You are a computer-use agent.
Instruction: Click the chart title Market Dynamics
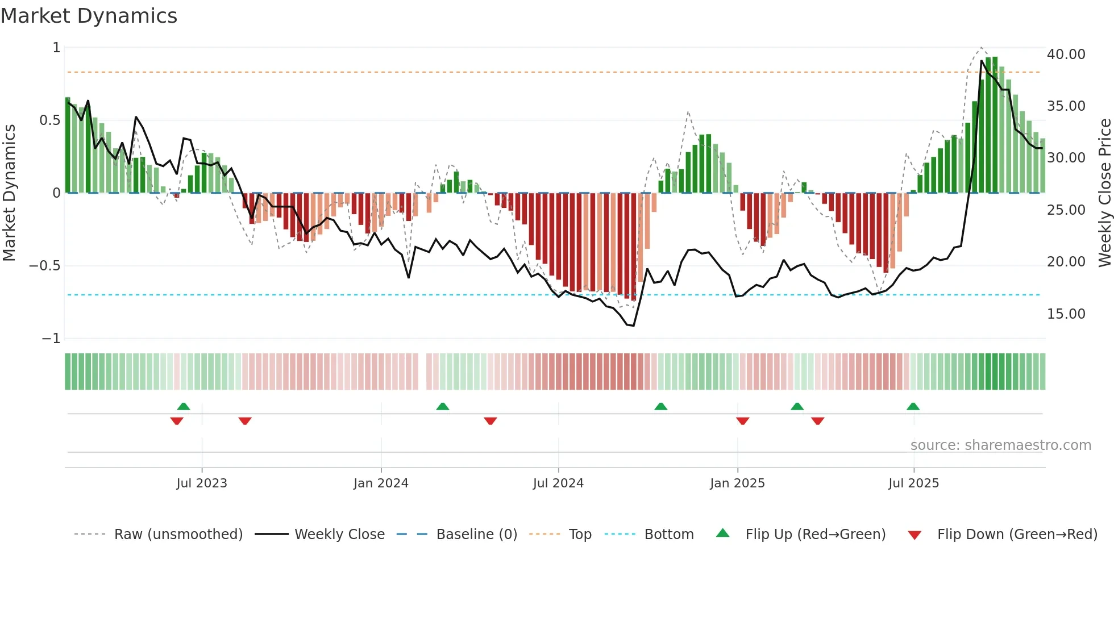click(89, 16)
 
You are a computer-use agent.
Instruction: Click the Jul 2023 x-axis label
click(201, 483)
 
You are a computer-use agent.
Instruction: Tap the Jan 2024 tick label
click(381, 483)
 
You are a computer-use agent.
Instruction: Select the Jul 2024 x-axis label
click(558, 483)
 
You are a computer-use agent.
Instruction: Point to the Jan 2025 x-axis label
click(737, 483)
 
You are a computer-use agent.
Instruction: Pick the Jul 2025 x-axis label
click(913, 483)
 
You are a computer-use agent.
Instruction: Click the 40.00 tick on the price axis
click(1066, 55)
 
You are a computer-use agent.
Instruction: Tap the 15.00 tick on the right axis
click(1066, 314)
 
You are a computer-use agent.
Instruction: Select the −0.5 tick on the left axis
click(45, 266)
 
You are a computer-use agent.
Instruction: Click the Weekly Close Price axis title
click(1104, 193)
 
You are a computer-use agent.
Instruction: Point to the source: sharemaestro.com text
click(1000, 445)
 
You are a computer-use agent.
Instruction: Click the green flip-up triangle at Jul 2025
click(913, 407)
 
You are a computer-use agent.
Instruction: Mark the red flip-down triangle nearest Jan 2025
click(742, 421)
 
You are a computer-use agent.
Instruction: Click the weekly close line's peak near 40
click(982, 61)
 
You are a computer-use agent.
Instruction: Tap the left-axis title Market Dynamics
click(9, 193)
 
